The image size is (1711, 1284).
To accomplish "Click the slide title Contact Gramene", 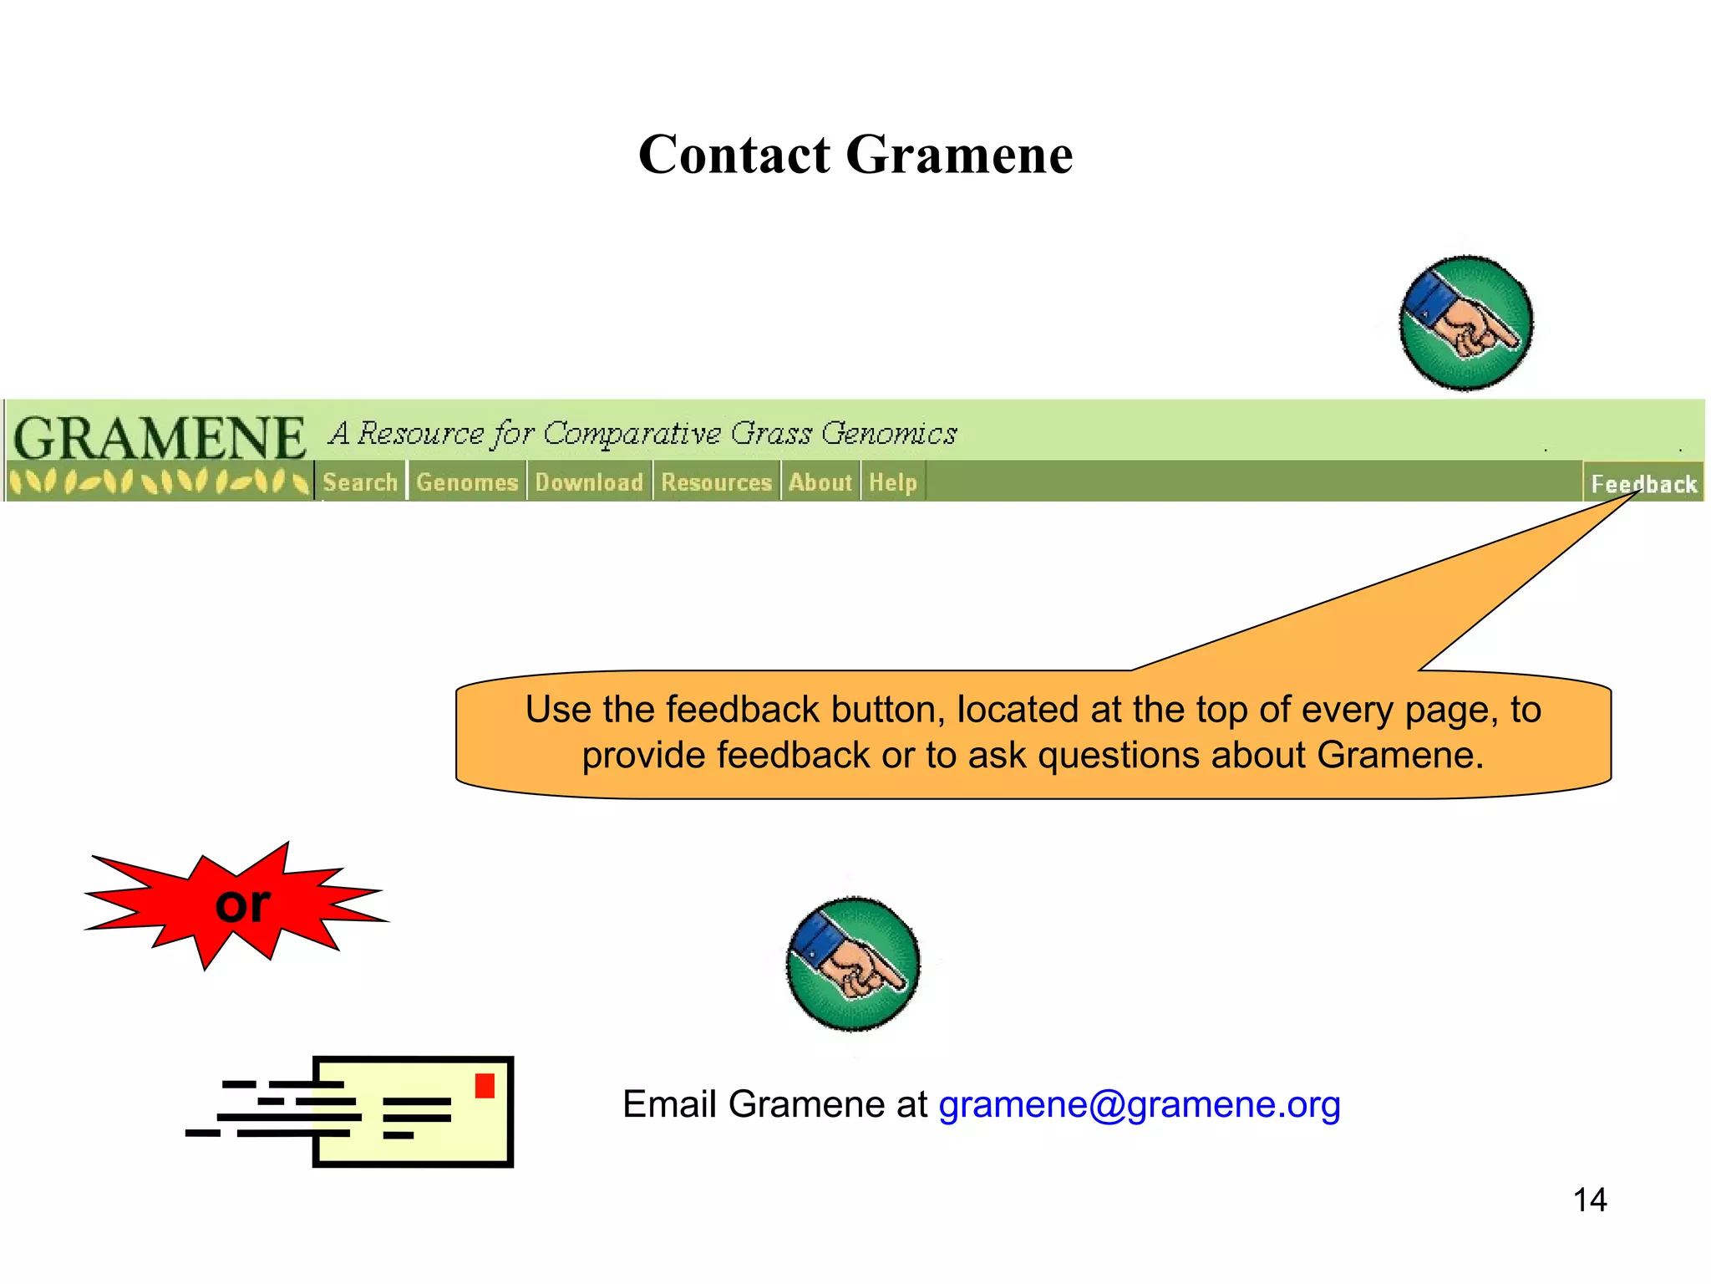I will click(x=855, y=155).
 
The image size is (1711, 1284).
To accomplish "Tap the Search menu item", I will click(x=360, y=482).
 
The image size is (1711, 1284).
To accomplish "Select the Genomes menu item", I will click(x=467, y=482).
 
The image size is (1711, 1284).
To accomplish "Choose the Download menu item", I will click(x=589, y=482).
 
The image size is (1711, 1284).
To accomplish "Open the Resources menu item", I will click(x=716, y=482).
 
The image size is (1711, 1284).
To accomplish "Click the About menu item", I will click(x=820, y=482).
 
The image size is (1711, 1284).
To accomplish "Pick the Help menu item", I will click(x=892, y=482).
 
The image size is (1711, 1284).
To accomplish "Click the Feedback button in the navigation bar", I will click(x=1643, y=484).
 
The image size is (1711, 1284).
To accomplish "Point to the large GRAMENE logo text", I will click(x=160, y=438).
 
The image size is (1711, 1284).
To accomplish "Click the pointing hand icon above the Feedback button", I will click(x=1466, y=324).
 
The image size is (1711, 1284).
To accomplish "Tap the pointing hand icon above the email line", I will click(x=853, y=964).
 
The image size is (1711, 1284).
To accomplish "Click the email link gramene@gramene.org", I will click(x=1140, y=1104).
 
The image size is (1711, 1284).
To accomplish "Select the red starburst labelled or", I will click(x=238, y=904).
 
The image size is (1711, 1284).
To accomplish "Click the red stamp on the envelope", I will click(x=485, y=1086).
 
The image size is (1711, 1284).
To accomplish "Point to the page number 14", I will click(x=1590, y=1200).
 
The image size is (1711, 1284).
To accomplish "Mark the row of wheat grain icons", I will click(x=159, y=482).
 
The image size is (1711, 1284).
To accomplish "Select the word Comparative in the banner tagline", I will click(x=632, y=433).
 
